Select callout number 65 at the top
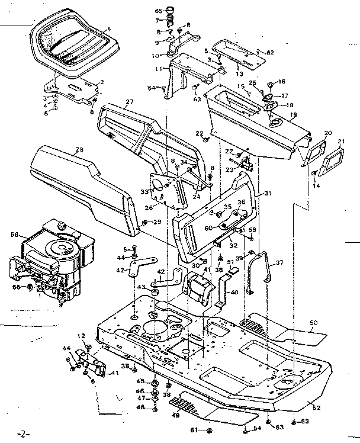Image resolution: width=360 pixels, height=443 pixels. click(x=159, y=11)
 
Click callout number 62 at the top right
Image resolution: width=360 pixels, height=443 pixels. click(x=270, y=53)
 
